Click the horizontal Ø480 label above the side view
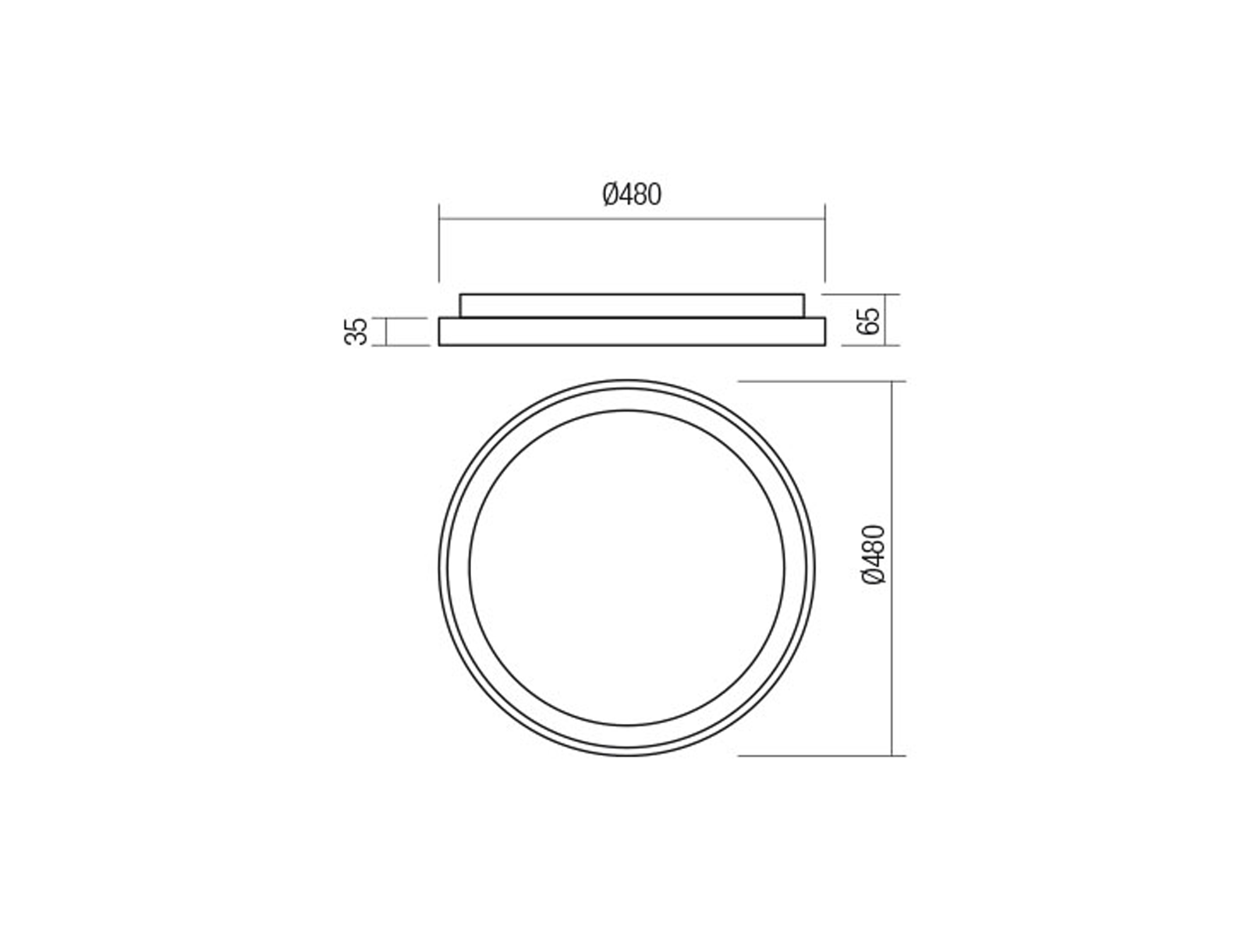[x=632, y=195]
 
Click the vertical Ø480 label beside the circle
[x=874, y=555]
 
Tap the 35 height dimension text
[x=356, y=332]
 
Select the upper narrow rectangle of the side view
[x=632, y=306]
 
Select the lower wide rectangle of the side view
[x=632, y=332]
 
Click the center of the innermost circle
[x=626, y=568]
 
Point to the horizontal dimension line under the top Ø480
[x=632, y=219]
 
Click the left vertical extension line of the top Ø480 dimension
[x=439, y=243]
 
